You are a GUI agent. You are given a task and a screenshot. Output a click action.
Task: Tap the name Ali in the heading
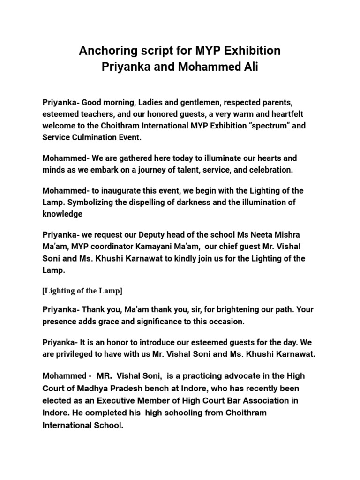point(248,67)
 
